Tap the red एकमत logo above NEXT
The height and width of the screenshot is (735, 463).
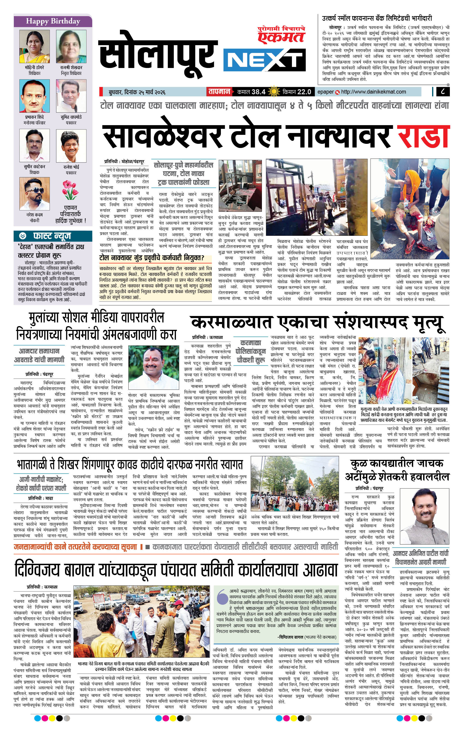click(281, 36)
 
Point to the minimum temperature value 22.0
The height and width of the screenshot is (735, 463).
click(304, 92)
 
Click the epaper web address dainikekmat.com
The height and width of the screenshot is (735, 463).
click(373, 92)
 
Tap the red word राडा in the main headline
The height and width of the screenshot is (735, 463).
click(423, 136)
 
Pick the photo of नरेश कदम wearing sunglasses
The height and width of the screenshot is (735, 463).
click(35, 194)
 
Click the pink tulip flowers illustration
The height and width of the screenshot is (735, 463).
click(71, 189)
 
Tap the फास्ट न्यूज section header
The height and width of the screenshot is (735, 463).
click(52, 236)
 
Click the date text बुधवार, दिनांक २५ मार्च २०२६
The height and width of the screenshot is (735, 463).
click(137, 92)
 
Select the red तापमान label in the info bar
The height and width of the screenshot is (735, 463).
click(219, 92)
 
